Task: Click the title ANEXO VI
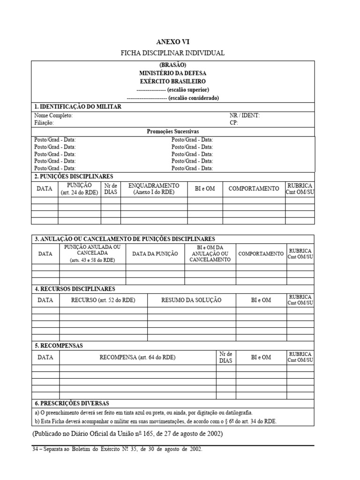click(172, 42)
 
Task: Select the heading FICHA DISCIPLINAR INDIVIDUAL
click(172, 53)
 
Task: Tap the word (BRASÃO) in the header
click(172, 65)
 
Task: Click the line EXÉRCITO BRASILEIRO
click(172, 81)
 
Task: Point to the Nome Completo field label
click(53, 115)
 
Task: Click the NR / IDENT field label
click(244, 115)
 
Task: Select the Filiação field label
click(44, 123)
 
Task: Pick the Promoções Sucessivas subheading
click(172, 132)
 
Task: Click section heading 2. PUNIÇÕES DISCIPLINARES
click(74, 176)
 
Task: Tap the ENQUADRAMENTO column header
click(154, 189)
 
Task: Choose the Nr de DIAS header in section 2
click(111, 189)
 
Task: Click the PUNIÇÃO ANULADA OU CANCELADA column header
click(92, 253)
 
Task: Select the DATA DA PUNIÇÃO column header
click(155, 254)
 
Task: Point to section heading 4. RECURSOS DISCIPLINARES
click(75, 289)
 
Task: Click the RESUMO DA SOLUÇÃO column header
click(191, 300)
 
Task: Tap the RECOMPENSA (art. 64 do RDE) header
click(137, 357)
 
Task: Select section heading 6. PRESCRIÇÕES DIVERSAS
click(72, 403)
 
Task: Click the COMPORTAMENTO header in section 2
click(254, 189)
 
